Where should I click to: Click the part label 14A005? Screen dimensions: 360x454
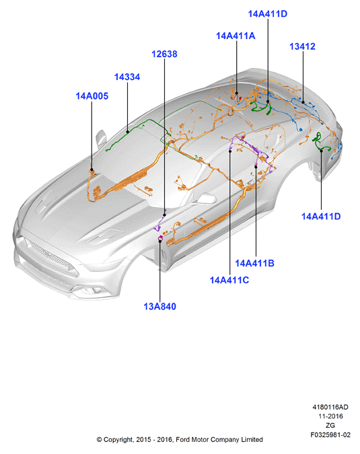coord(92,96)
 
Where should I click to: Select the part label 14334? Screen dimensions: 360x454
coord(127,77)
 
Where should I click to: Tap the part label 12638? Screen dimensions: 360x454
coord(164,54)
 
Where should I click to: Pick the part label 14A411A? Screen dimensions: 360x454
coord(236,36)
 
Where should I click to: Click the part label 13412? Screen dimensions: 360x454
coord(302,46)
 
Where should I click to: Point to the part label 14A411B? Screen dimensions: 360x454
coord(254,263)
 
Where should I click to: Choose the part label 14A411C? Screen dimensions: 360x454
coord(229,280)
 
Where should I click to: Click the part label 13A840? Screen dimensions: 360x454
coord(160,306)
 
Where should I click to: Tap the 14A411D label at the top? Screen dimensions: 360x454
coord(268,13)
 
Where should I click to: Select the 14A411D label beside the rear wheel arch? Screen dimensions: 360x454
coord(321,217)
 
